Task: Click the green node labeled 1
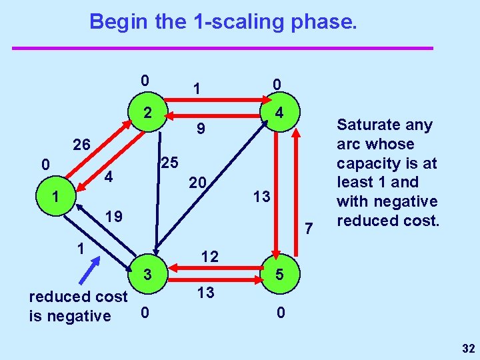[56, 198]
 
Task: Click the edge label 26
[85, 145]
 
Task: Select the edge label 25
[170, 162]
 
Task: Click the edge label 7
[309, 230]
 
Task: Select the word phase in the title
[327, 22]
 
